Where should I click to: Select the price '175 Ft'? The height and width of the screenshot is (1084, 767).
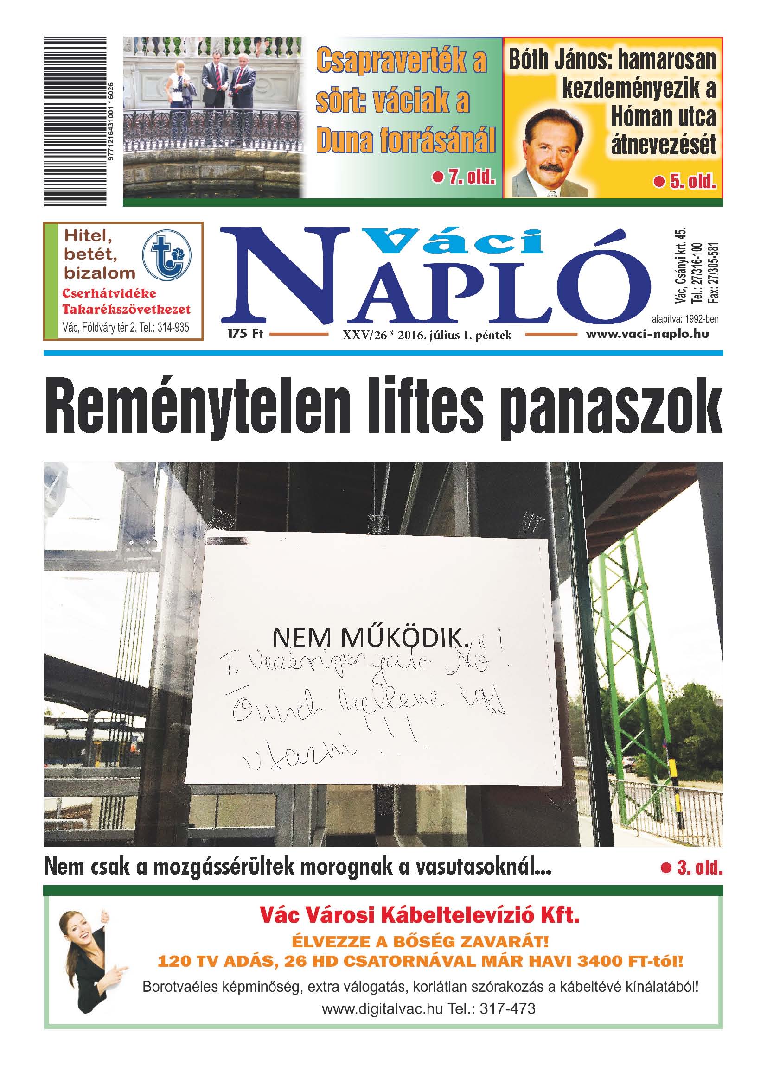point(245,334)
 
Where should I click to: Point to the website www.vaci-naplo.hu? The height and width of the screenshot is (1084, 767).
point(647,334)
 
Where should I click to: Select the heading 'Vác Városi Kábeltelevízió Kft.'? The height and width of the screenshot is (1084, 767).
point(419,916)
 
